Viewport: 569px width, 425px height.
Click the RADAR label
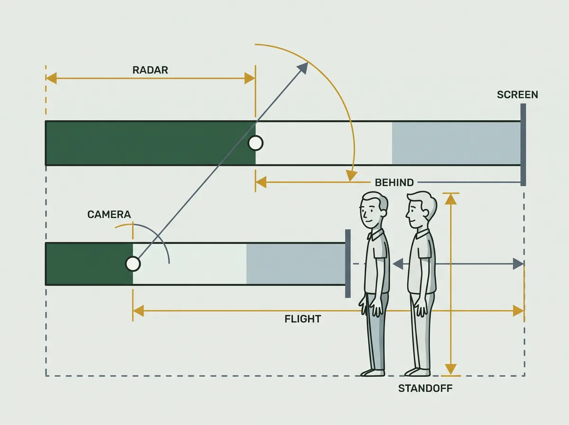(150, 70)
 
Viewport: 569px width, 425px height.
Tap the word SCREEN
(517, 95)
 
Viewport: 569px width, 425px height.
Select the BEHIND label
(395, 183)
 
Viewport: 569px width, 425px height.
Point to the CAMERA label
(109, 214)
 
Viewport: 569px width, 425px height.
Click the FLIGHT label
(303, 319)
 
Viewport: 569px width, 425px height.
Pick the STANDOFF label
(425, 388)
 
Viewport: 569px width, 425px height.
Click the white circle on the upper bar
(256, 143)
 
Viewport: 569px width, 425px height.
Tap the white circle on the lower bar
(133, 264)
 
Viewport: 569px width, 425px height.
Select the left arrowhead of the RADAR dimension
(51, 78)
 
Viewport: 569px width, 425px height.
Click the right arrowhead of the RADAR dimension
(250, 78)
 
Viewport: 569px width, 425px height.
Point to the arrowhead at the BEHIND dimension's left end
(261, 182)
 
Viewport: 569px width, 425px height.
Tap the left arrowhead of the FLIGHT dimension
(138, 311)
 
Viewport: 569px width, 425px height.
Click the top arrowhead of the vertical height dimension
(451, 199)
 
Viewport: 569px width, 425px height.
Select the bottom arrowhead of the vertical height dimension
(451, 369)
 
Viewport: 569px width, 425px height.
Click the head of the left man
(374, 210)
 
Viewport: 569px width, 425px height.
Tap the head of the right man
(421, 210)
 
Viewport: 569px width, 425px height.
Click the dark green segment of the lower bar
(89, 264)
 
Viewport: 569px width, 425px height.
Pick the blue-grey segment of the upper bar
(456, 143)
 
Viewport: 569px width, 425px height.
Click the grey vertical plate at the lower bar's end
(348, 263)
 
